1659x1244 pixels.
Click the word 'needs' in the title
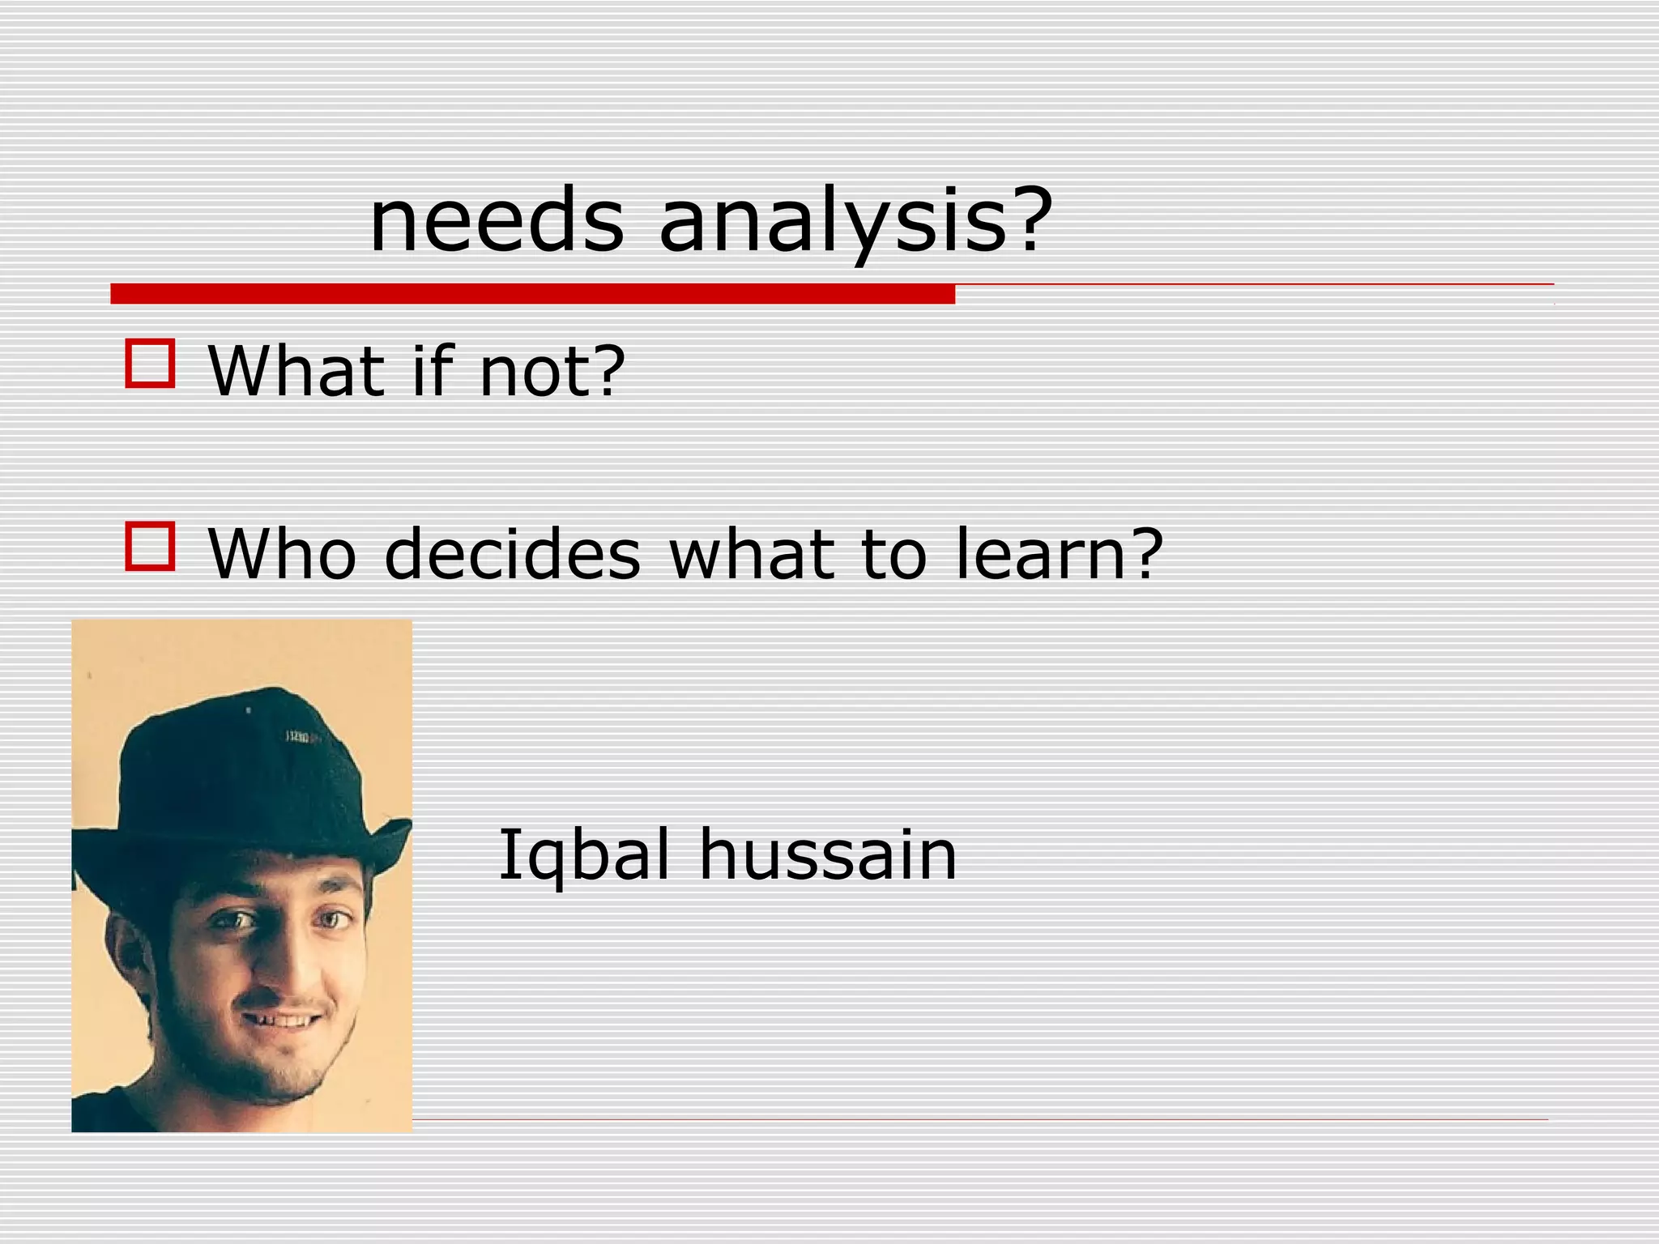(x=497, y=220)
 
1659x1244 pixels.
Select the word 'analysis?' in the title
(x=855, y=220)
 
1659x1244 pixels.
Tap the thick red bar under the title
(x=532, y=294)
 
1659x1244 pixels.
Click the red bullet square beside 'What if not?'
(x=150, y=364)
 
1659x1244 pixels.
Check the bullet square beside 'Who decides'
(x=150, y=547)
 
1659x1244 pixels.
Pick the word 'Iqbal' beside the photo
(x=584, y=854)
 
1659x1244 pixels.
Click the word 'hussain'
(x=828, y=854)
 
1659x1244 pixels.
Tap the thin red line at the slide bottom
(x=972, y=1120)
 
